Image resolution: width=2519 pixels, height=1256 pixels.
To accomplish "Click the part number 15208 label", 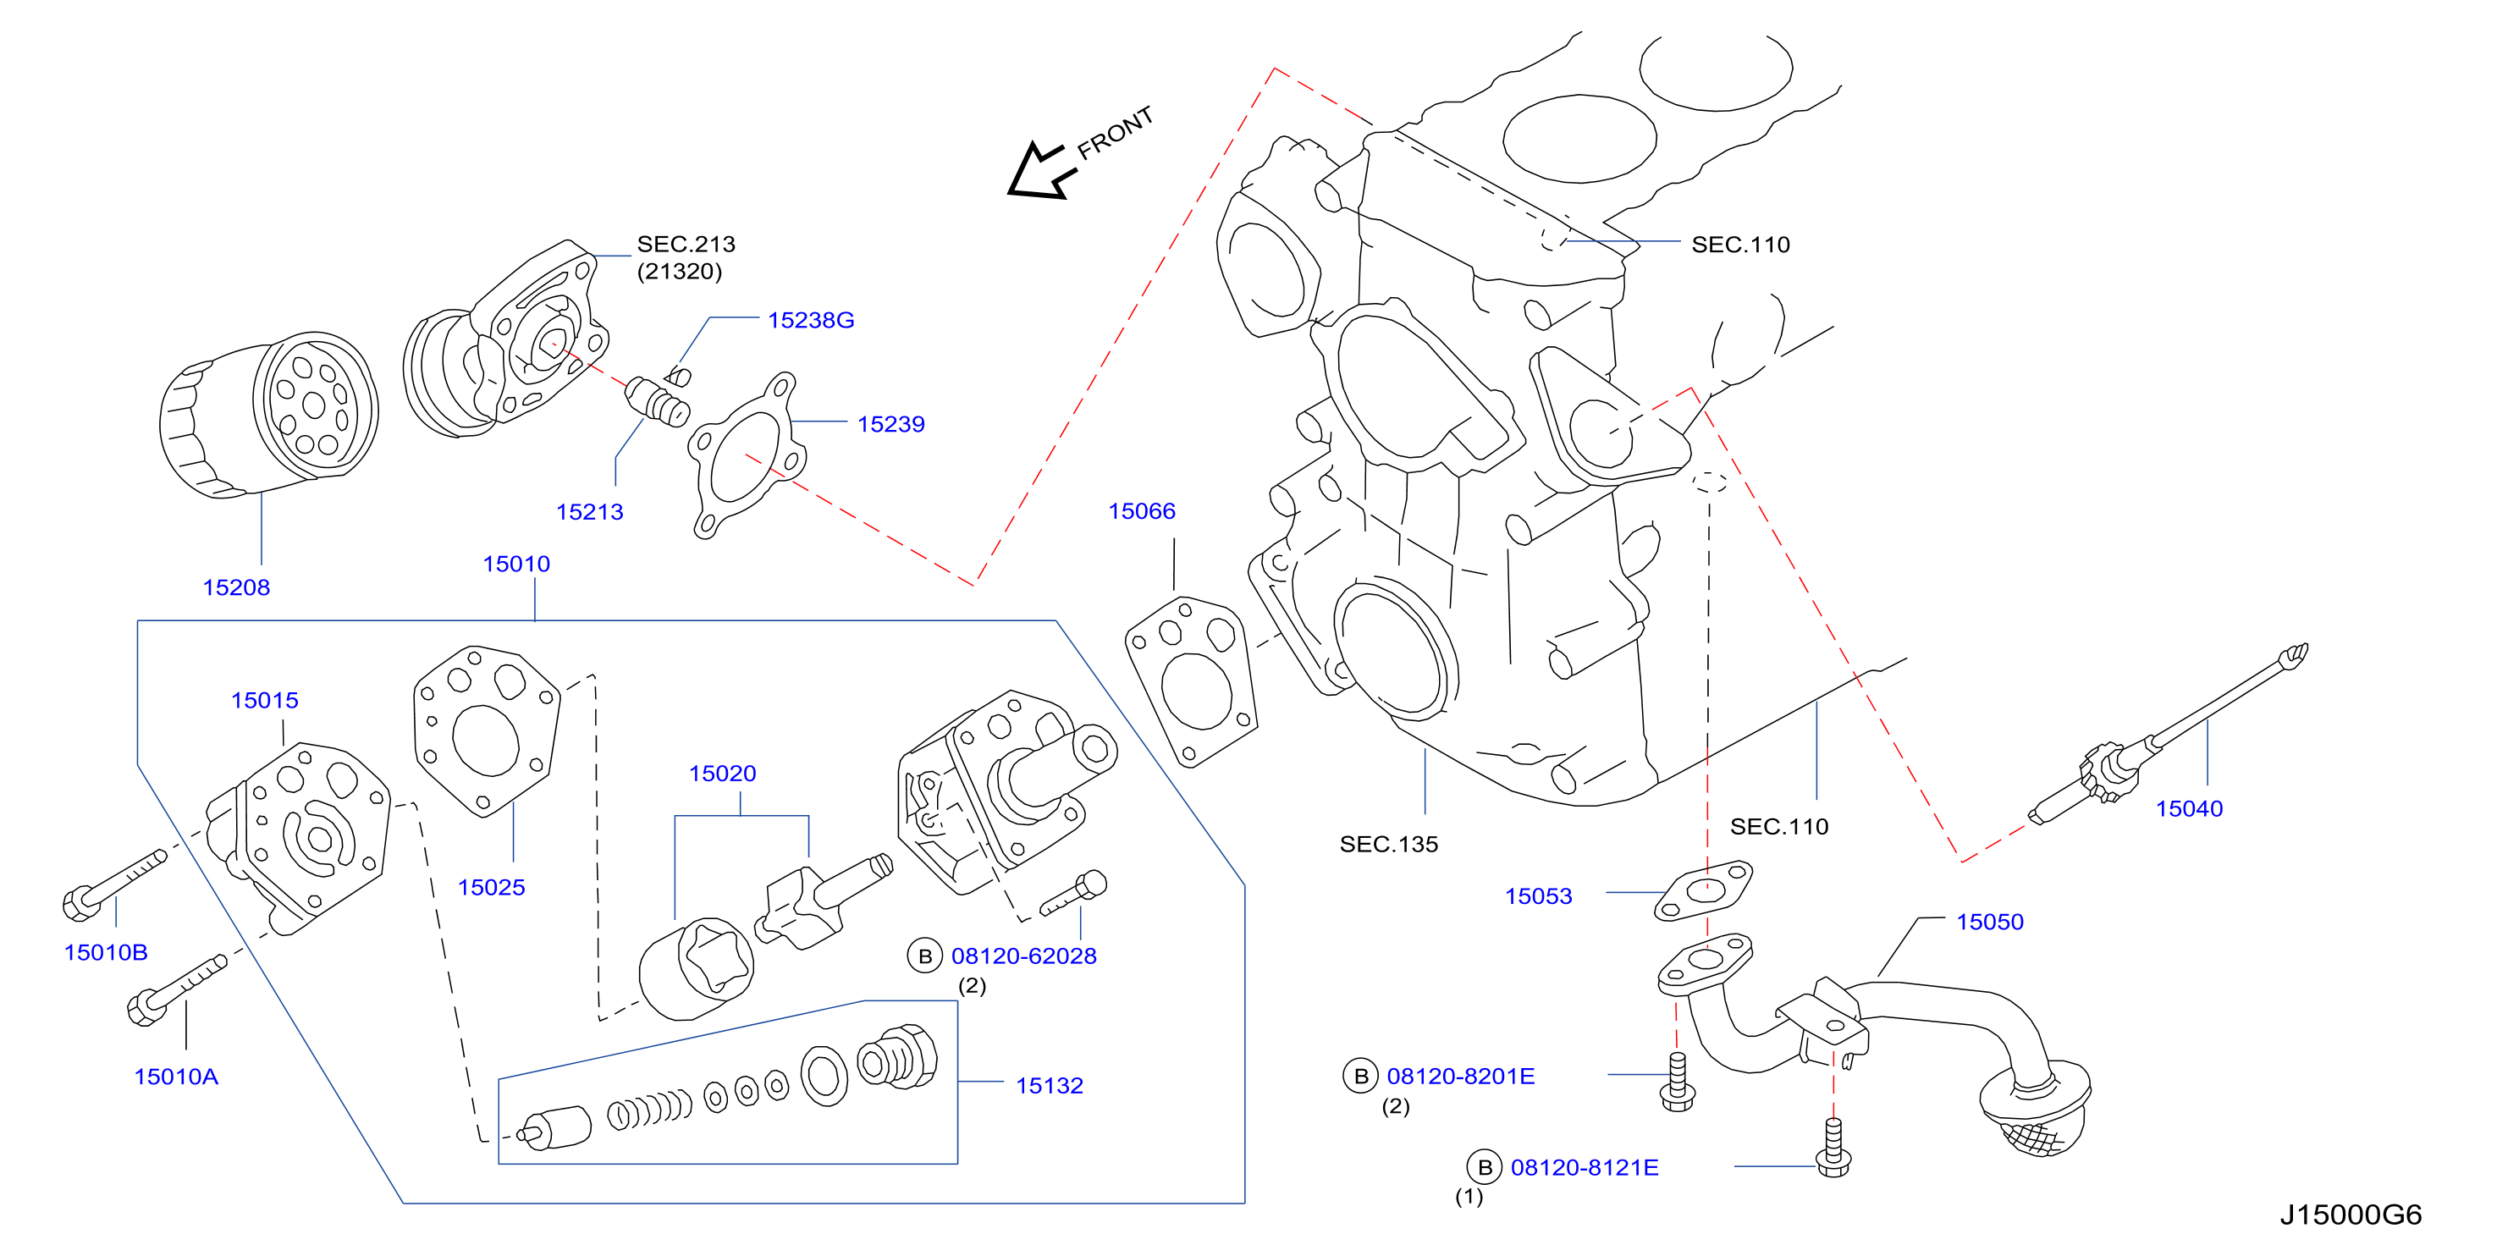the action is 235,587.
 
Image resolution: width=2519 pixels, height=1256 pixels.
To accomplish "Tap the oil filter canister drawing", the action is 269,415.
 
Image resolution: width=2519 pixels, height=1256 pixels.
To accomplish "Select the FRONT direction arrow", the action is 1039,171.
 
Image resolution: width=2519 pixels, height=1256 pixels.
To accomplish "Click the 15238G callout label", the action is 811,321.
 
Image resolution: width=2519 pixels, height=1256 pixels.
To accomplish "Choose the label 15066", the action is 1141,511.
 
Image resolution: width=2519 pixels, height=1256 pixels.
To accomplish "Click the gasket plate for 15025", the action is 486,730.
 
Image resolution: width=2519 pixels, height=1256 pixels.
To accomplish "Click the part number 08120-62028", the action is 1024,956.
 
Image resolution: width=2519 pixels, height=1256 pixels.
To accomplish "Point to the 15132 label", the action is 1050,1086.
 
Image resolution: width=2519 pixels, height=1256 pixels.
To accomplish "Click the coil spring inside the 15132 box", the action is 649,1110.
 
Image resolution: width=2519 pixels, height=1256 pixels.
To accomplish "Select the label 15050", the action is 1989,922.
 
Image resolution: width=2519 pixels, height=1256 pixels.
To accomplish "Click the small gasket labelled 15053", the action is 1703,890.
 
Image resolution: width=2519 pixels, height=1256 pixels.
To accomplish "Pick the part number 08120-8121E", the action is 1585,1168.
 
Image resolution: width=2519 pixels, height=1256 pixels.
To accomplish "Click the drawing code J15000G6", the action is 2351,1215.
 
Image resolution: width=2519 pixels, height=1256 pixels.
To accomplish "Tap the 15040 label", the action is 2190,809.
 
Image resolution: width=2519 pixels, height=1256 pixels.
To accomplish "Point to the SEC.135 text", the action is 1388,845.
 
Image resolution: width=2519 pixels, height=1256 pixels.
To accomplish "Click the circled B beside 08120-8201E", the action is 1360,1077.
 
